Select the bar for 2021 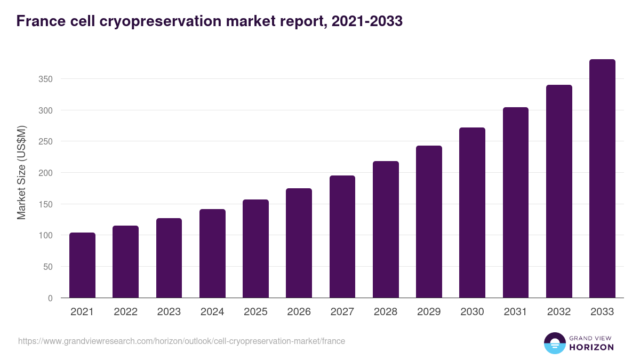tap(82, 265)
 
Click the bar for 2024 tap(212, 253)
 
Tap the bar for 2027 tap(342, 237)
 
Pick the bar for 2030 tap(473, 213)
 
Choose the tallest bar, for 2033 tap(602, 179)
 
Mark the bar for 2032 tap(559, 191)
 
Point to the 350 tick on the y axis tap(46, 79)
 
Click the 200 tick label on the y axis tap(46, 173)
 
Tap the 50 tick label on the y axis tap(48, 267)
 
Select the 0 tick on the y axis tap(50, 298)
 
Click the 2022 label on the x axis tap(125, 312)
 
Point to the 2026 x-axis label tap(299, 312)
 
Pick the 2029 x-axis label tap(429, 312)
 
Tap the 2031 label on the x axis tap(516, 312)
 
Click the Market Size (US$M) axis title tap(21, 172)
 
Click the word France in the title tap(40, 21)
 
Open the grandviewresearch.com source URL tap(181, 341)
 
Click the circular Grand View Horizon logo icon tap(554, 343)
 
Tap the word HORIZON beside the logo tap(591, 347)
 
